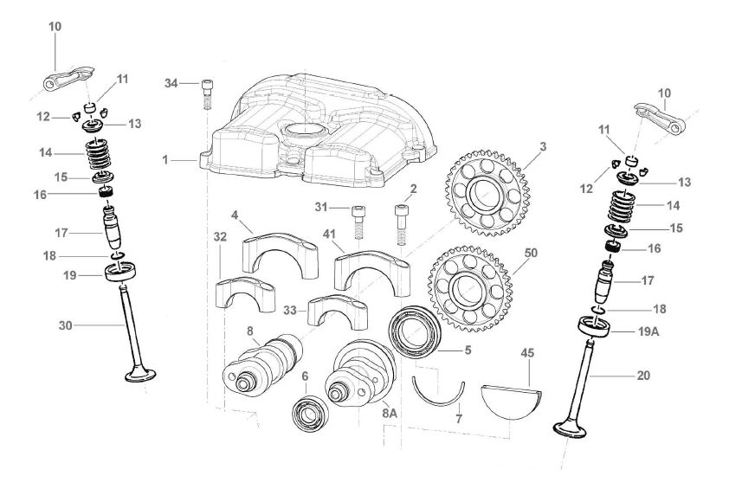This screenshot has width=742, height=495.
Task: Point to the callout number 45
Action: coord(527,353)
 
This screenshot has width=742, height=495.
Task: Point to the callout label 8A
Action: coord(389,415)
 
